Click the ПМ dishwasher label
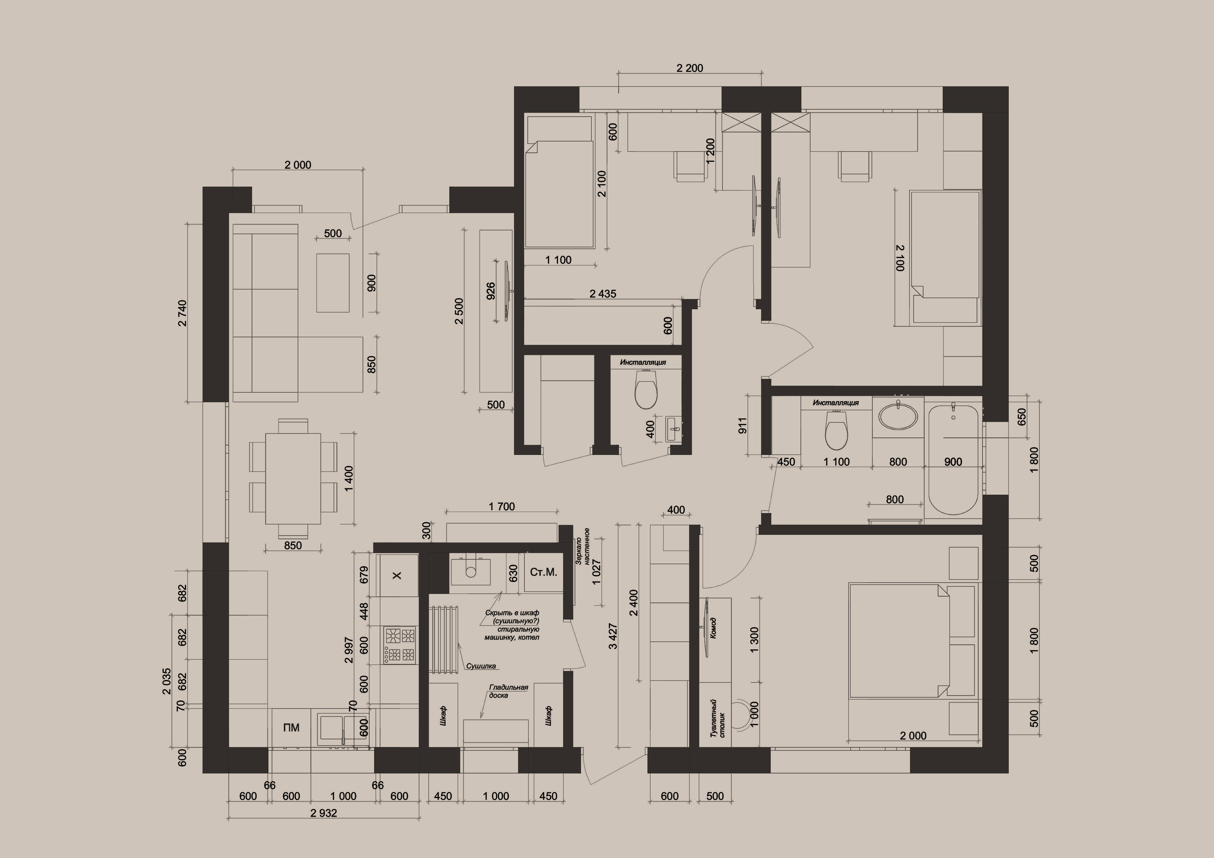291,728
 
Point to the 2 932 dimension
324,813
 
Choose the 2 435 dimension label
603,293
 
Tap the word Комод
713,628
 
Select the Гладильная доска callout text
508,691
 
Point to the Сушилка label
481,666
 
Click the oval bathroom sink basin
898,415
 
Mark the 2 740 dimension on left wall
182,313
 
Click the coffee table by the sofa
333,283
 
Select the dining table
293,478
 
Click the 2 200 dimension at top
690,68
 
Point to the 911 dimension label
743,426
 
